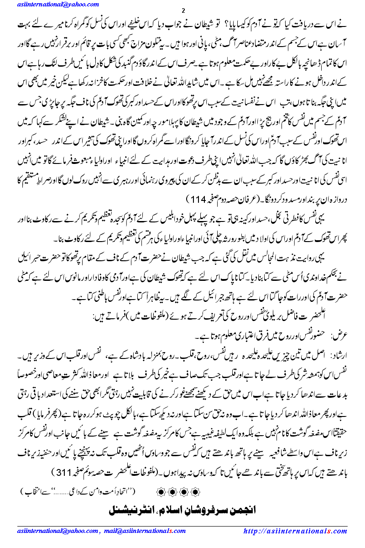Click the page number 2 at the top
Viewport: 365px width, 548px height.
[183, 11]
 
